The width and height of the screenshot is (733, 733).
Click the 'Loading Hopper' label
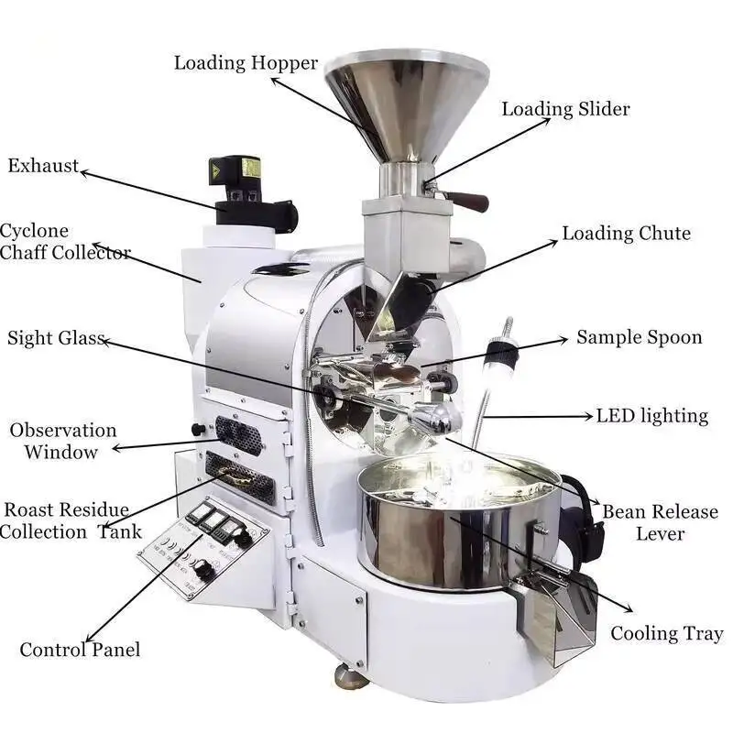pyautogui.click(x=246, y=63)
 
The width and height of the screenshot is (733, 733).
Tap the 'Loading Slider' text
pyautogui.click(x=565, y=109)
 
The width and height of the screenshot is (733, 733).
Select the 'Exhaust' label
pyautogui.click(x=43, y=166)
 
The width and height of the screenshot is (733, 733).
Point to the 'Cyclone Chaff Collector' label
pyautogui.click(x=64, y=242)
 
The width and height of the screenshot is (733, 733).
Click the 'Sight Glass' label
pyautogui.click(x=56, y=337)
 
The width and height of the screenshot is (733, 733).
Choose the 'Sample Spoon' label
pyautogui.click(x=639, y=337)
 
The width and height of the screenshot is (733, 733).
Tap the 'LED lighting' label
pyautogui.click(x=651, y=416)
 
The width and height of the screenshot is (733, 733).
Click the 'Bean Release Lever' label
pyautogui.click(x=660, y=522)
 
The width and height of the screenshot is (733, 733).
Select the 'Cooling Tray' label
pyautogui.click(x=667, y=633)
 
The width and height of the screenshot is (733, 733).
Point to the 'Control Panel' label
pyautogui.click(x=81, y=650)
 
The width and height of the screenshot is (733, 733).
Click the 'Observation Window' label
pyautogui.click(x=62, y=441)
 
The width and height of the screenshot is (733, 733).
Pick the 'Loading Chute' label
pyautogui.click(x=626, y=234)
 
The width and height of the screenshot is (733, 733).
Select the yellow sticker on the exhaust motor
pyautogui.click(x=250, y=169)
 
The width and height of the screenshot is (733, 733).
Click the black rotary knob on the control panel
pyautogui.click(x=202, y=571)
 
